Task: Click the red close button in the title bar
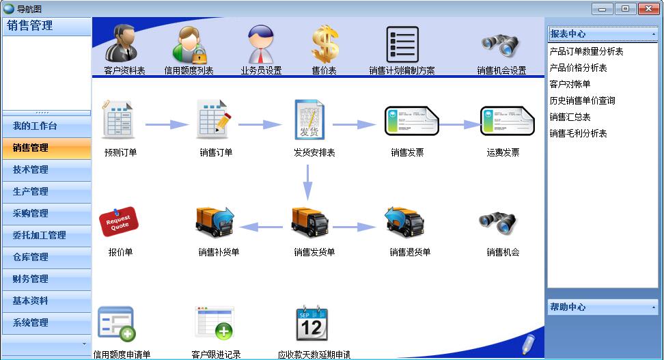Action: [648, 8]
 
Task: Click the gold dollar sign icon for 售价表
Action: [325, 44]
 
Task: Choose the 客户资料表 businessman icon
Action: [121, 43]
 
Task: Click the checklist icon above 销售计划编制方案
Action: [402, 44]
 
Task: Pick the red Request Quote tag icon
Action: [119, 221]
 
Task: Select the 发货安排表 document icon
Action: [309, 120]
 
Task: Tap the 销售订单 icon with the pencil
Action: [214, 120]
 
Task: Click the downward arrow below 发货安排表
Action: [308, 182]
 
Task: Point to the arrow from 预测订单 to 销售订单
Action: [167, 124]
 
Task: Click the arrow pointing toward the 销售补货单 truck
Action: [261, 227]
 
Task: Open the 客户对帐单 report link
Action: [570, 84]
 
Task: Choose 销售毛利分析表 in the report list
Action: [579, 133]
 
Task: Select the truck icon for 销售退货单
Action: [404, 223]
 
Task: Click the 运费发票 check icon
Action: [508, 121]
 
